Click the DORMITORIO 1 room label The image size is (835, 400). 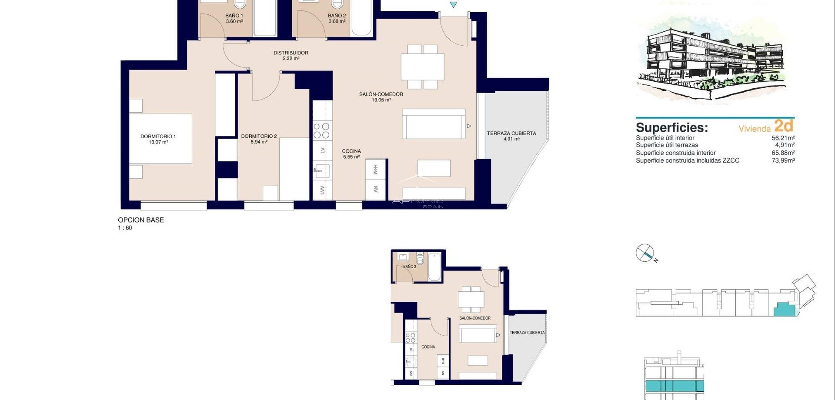158,139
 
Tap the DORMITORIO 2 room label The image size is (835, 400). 259,139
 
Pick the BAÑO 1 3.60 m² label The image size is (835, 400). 234,18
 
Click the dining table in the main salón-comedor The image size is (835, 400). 422,67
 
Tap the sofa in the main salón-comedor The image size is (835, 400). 434,124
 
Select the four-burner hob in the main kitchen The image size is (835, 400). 322,131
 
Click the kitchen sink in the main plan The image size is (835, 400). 321,171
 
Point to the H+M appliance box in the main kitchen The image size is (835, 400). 375,170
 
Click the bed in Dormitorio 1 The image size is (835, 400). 161,139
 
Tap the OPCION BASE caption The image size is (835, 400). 141,220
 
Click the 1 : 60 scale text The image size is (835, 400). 125,228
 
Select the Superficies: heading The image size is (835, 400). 671,128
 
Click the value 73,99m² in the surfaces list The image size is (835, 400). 783,160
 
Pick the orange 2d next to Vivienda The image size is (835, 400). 784,126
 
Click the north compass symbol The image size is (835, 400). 645,253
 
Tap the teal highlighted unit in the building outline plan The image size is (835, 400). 784,309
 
